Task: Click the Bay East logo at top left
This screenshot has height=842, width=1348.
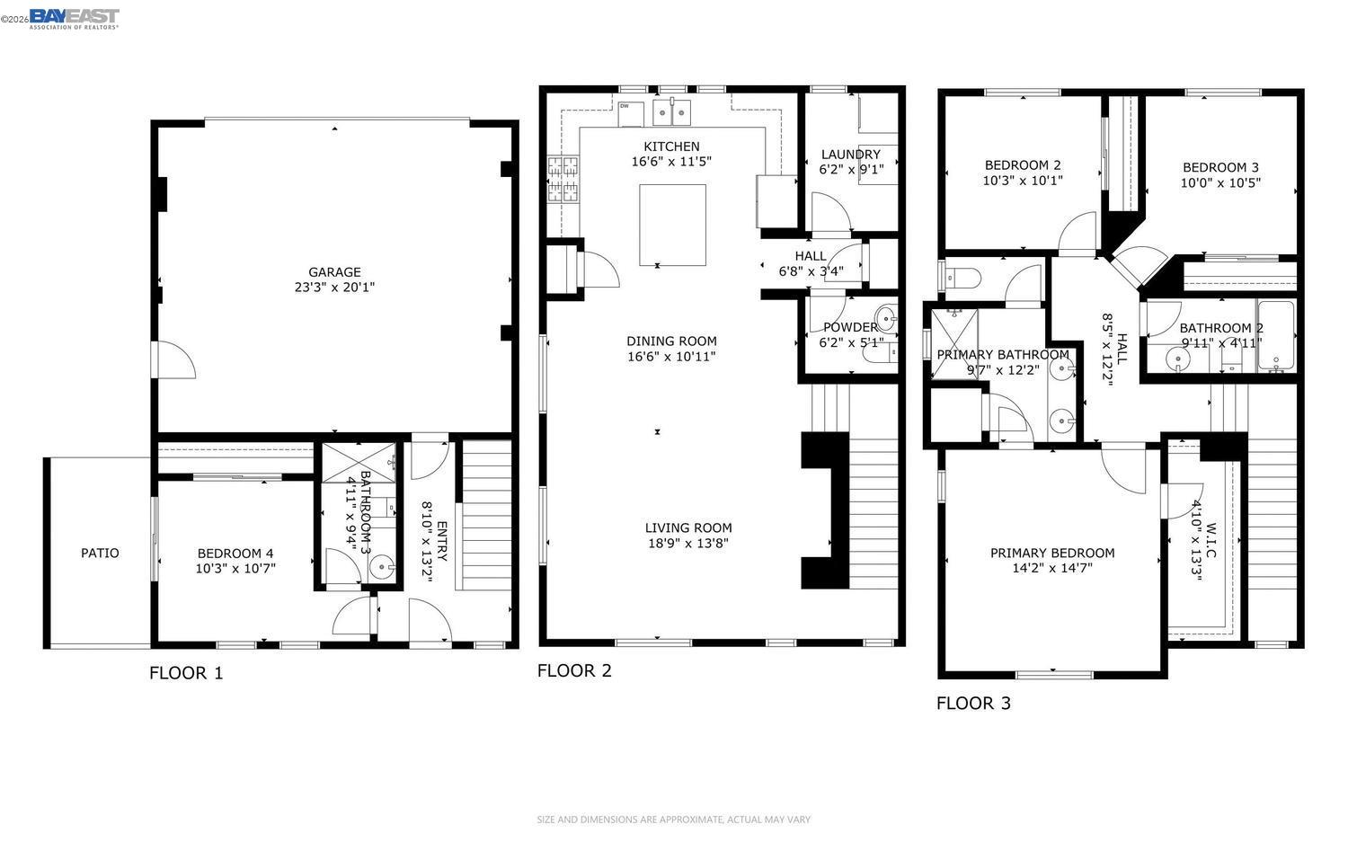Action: point(74,18)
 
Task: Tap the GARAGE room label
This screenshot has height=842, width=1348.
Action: point(334,272)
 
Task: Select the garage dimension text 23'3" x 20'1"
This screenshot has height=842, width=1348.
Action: point(334,288)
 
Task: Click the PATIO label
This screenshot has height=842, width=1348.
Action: point(100,553)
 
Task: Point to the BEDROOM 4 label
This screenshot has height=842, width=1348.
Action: point(235,553)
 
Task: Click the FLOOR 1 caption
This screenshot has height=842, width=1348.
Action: point(186,673)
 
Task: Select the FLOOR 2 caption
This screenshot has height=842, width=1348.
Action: point(574,670)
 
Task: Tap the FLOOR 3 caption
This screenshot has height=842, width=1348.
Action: point(973,703)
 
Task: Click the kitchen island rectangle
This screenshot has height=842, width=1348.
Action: point(672,225)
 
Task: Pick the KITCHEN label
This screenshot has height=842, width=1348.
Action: point(671,146)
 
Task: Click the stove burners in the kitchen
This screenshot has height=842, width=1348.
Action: point(563,178)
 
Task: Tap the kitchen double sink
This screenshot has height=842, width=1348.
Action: point(672,111)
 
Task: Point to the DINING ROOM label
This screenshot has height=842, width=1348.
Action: point(671,341)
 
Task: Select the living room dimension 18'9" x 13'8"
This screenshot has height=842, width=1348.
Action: point(688,543)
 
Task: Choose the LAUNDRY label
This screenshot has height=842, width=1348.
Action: point(850,154)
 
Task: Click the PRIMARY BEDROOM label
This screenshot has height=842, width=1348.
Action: point(1052,553)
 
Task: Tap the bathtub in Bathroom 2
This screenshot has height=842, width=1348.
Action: point(1275,337)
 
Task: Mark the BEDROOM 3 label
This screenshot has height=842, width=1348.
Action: point(1220,167)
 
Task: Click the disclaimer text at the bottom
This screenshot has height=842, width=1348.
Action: point(673,820)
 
